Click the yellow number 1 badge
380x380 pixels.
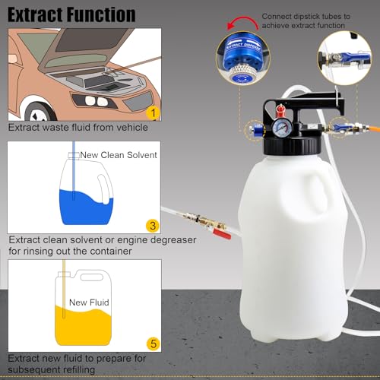153,112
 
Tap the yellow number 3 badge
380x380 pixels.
153,226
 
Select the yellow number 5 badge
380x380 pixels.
153,344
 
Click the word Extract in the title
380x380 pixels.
33,14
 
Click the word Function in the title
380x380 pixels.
100,14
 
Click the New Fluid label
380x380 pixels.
89,302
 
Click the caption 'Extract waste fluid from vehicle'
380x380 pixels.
78,128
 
